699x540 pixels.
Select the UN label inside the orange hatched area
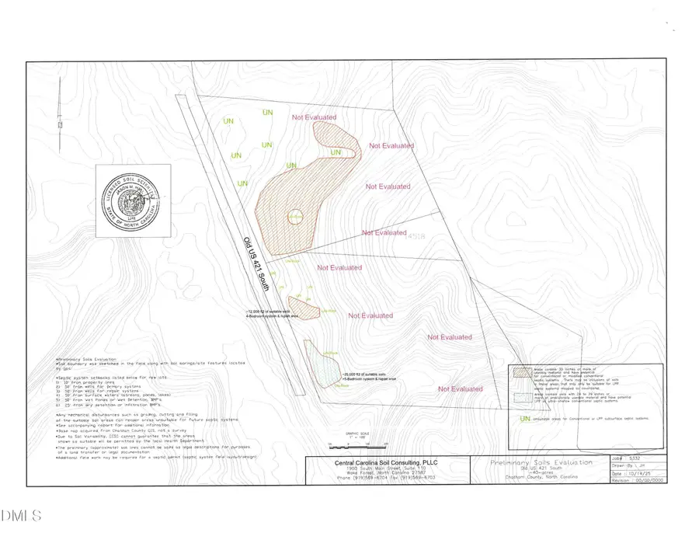pos(336,153)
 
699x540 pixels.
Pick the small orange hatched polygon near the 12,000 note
pos(303,308)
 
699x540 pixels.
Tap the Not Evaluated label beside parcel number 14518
pos(384,233)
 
